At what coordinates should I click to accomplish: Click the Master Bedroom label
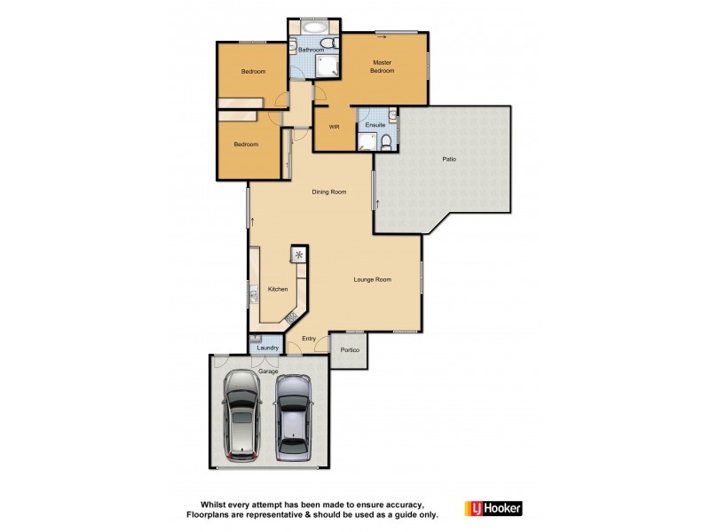click(383, 66)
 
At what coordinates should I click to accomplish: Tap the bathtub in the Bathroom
click(311, 26)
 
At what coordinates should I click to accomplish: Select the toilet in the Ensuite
click(389, 139)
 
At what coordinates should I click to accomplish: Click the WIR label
click(335, 127)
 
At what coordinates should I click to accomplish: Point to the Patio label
click(450, 160)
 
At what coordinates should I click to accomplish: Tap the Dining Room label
click(328, 192)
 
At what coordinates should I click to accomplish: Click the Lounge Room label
click(373, 279)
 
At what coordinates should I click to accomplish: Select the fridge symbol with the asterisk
click(298, 254)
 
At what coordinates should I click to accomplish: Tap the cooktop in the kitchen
click(290, 316)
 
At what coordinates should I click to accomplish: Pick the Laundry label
click(267, 348)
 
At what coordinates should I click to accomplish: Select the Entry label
click(309, 338)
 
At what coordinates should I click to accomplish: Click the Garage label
click(267, 371)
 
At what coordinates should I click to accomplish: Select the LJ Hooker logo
click(493, 508)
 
